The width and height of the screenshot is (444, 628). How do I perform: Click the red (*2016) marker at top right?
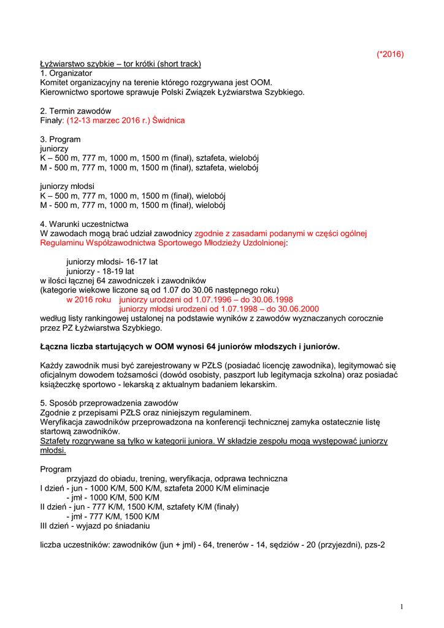[390, 54]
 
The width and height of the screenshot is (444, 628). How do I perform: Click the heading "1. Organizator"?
[66, 73]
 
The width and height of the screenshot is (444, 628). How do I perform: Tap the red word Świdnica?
[169, 120]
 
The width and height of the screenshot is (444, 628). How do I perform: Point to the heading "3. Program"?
[60, 139]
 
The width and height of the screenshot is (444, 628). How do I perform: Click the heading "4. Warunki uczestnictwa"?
[85, 224]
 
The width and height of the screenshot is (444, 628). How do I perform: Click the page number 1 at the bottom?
[401, 607]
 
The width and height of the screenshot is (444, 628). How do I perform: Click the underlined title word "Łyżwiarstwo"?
[65, 64]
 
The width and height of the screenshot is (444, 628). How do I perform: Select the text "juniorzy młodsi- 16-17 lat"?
[112, 261]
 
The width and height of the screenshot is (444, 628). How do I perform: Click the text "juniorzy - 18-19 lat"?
[100, 270]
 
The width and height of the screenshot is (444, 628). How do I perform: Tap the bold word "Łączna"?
[55, 347]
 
